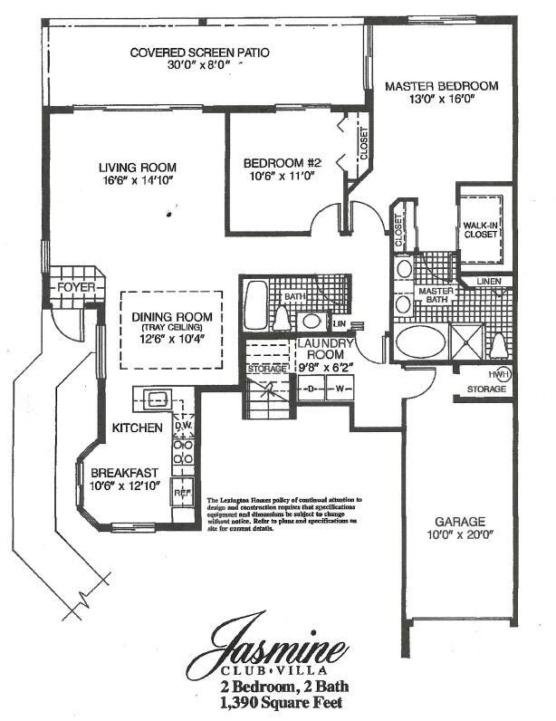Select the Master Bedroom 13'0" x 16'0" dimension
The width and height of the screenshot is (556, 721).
pos(441,100)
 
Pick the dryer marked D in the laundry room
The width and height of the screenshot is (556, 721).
pos(312,389)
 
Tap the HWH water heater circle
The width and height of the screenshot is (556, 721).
pos(498,374)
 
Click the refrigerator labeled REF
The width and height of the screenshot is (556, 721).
pos(181,493)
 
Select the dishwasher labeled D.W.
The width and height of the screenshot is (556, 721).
pos(181,424)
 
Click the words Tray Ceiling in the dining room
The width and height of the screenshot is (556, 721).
pos(170,327)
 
